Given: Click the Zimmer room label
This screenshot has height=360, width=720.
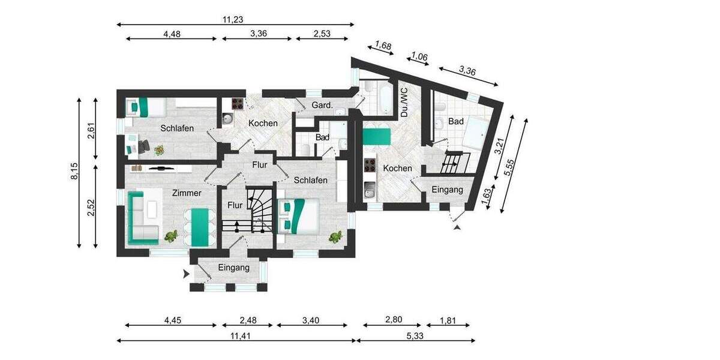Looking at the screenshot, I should pos(186,193).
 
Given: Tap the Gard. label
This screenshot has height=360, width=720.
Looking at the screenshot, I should pos(322,106).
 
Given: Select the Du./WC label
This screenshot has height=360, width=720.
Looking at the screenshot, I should pos(404,102).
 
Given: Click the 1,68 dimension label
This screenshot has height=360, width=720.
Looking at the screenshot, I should pos(383,45).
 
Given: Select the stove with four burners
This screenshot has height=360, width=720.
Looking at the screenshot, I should pos(238,103).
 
